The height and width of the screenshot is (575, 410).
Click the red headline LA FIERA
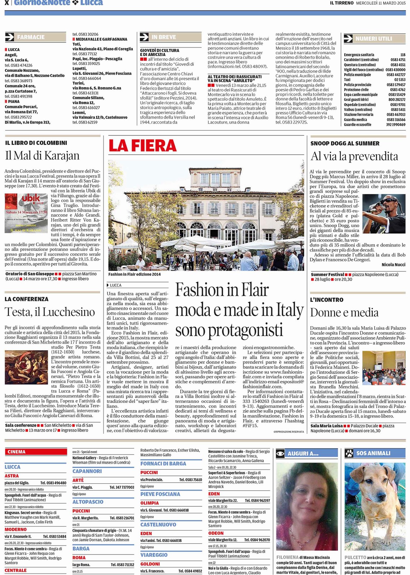(142, 146)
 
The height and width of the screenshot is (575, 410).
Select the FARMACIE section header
(31, 37)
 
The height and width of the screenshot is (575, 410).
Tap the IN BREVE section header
(163, 37)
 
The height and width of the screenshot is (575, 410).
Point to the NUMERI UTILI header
(373, 38)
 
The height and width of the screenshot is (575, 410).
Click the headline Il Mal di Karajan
(42, 156)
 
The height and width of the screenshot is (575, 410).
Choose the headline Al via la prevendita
(354, 156)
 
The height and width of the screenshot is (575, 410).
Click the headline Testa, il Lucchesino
(50, 312)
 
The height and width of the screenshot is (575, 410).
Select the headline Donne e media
(344, 313)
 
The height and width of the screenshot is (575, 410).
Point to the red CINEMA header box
(36, 452)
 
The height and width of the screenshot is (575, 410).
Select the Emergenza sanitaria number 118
(402, 55)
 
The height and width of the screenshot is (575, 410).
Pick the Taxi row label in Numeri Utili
(347, 80)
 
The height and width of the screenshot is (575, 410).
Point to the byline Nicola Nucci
(393, 265)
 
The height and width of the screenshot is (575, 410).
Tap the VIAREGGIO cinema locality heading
(154, 555)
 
